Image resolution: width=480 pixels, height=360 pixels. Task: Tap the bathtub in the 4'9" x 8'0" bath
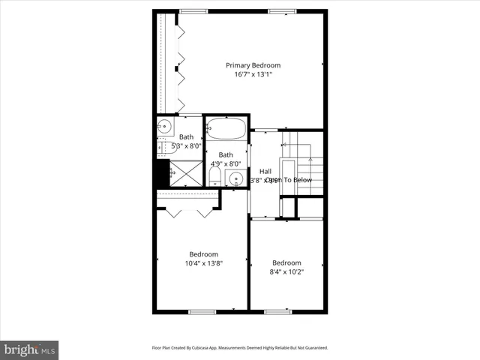coord(226,129)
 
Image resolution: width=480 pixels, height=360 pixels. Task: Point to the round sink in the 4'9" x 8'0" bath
coord(235,178)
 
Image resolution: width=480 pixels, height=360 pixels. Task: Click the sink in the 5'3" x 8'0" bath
coord(165,128)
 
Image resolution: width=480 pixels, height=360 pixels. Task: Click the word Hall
coord(265,171)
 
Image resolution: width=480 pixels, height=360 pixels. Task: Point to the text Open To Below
coord(289,180)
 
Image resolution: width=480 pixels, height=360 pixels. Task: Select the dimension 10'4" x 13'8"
coord(203,263)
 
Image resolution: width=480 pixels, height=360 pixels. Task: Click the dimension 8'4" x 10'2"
coord(286,272)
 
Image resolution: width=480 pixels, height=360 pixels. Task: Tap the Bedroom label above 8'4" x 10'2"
coord(286,262)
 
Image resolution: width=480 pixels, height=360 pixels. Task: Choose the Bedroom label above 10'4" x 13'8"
coord(203,253)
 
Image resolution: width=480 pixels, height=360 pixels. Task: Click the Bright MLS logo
coord(29,349)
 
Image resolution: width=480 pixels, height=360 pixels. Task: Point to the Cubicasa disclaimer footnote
coord(240,348)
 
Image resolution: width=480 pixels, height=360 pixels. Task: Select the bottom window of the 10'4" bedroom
coord(202,311)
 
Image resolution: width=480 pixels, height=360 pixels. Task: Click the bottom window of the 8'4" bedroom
coord(277,311)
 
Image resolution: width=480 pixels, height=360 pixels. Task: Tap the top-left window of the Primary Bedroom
coord(193,10)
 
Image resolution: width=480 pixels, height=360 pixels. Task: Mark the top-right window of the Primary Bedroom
coord(282,10)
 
